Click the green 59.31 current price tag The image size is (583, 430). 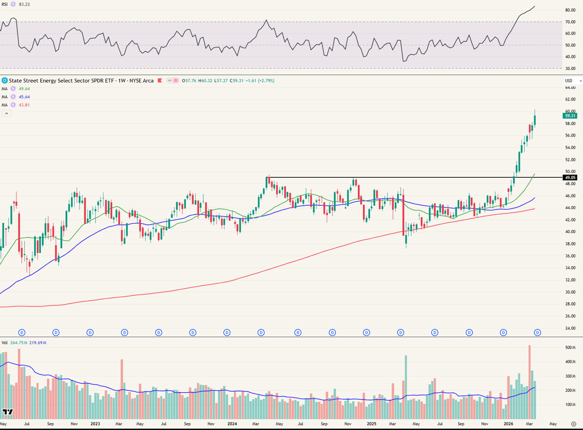tap(570, 116)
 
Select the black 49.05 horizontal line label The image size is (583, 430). tap(570, 178)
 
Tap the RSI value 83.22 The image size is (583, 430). tap(24, 4)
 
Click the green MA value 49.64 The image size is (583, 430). tap(24, 89)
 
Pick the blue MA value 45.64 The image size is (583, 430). tap(24, 97)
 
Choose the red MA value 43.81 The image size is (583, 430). tap(24, 105)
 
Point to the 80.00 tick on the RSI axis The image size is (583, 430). tap(570, 10)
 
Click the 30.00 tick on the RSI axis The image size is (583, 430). tap(570, 68)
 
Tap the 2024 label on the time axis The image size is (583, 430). tap(232, 424)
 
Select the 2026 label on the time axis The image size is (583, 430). tap(508, 424)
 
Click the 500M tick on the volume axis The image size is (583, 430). tap(570, 348)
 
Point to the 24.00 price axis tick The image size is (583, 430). tap(570, 328)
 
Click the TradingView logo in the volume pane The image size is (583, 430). tap(8, 412)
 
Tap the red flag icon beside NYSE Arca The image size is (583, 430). tap(160, 81)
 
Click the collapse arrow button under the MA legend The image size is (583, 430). tap(7, 114)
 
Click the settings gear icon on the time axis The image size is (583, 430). tap(574, 424)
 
